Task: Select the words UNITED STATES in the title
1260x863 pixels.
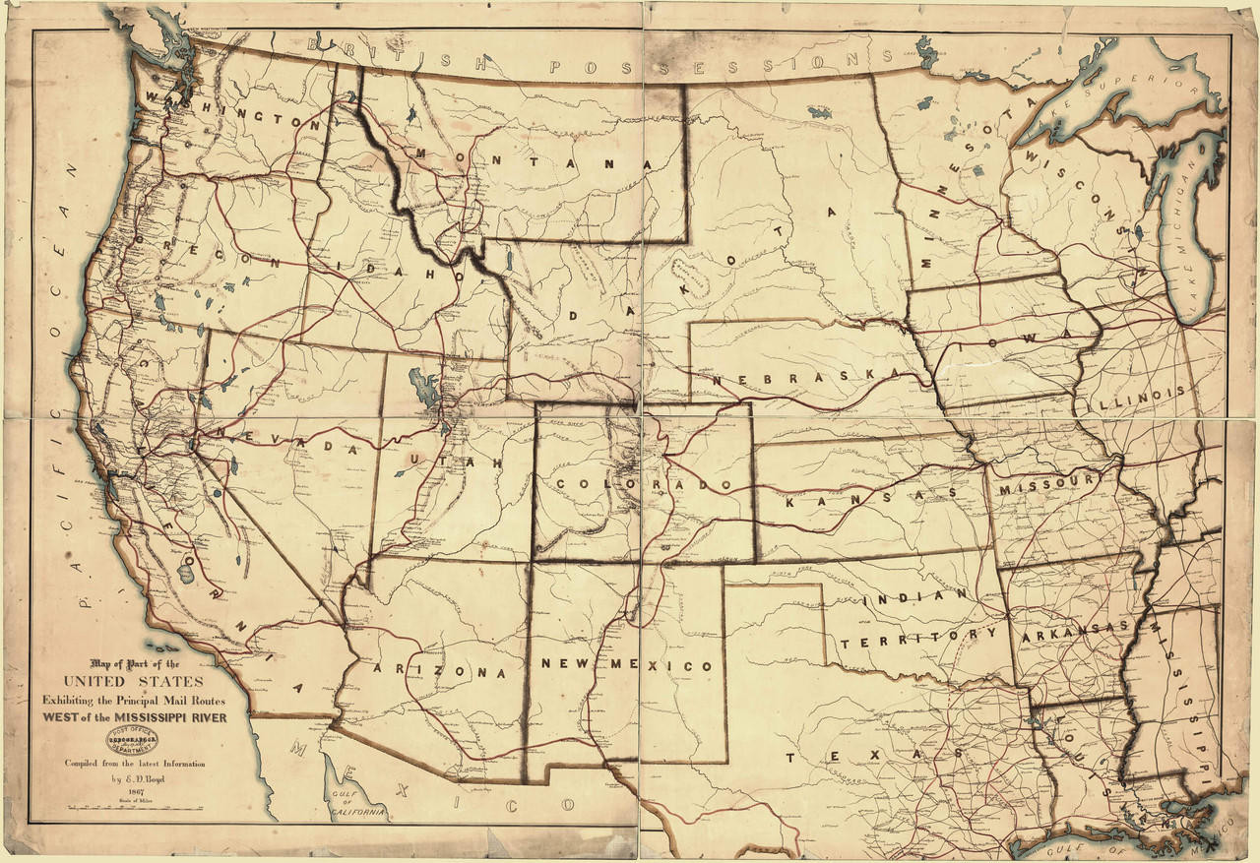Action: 134,681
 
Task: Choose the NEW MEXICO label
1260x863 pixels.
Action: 627,665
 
